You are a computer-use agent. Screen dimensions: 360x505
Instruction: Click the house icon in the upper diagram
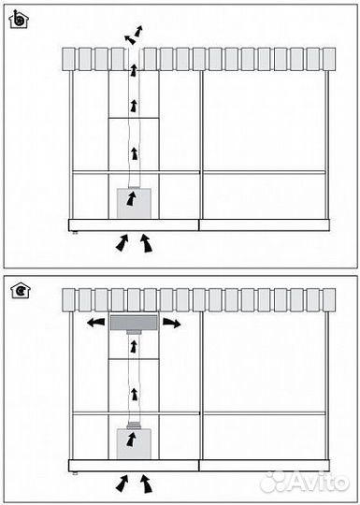(19, 20)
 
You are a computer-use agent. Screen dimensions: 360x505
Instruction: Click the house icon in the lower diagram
(21, 290)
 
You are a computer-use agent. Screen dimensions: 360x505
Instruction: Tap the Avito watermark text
(304, 483)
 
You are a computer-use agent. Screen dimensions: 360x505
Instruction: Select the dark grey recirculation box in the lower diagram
(134, 323)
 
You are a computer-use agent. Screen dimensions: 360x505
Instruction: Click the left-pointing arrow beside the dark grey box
(96, 322)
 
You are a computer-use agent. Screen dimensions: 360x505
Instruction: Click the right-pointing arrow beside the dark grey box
(172, 323)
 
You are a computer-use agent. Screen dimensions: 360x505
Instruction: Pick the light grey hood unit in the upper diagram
(134, 203)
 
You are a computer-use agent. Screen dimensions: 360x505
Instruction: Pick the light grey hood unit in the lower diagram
(134, 444)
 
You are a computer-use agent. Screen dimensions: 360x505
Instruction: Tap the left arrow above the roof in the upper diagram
(130, 39)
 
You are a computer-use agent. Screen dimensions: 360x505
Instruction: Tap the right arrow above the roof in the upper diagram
(138, 31)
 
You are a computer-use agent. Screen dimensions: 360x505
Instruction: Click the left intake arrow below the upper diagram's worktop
(122, 242)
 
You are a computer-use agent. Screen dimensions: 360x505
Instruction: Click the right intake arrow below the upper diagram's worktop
(146, 243)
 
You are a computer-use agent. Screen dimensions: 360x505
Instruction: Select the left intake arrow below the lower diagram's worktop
(122, 483)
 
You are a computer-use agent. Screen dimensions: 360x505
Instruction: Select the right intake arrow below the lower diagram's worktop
(146, 483)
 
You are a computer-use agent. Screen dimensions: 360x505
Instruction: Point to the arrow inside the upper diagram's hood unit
(131, 198)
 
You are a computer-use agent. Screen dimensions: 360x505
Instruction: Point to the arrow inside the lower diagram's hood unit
(131, 440)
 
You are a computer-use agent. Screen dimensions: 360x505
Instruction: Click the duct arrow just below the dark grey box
(134, 347)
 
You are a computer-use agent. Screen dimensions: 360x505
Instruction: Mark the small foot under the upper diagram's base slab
(75, 233)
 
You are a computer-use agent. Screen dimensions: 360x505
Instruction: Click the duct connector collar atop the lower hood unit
(133, 426)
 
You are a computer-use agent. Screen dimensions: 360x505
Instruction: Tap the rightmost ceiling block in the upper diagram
(329, 59)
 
